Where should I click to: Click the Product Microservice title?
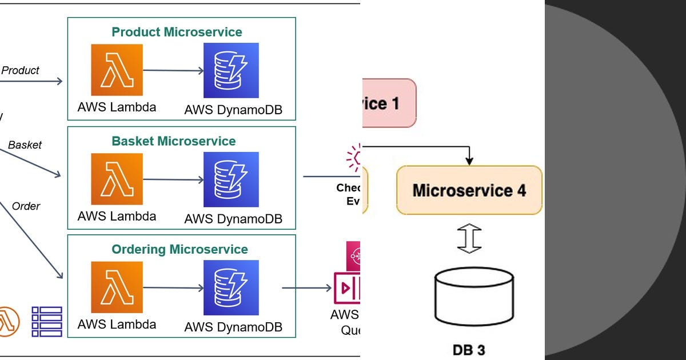[177, 32]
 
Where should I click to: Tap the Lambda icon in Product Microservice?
[117, 70]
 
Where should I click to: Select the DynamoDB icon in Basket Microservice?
[231, 179]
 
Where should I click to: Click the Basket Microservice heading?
[174, 141]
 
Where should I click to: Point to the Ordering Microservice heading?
[180, 249]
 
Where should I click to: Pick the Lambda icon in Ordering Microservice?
[117, 287]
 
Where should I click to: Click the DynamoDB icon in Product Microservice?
[231, 70]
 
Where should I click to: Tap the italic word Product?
[21, 70]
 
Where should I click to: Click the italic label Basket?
[25, 145]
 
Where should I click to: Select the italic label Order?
[26, 206]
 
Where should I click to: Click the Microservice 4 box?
[469, 190]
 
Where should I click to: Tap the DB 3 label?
[468, 349]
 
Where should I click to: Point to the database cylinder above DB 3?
[474, 296]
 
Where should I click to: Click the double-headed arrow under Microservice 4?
[469, 239]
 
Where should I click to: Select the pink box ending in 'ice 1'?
[389, 103]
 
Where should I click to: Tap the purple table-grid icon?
[47, 321]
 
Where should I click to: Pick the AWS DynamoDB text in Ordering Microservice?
[233, 328]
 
